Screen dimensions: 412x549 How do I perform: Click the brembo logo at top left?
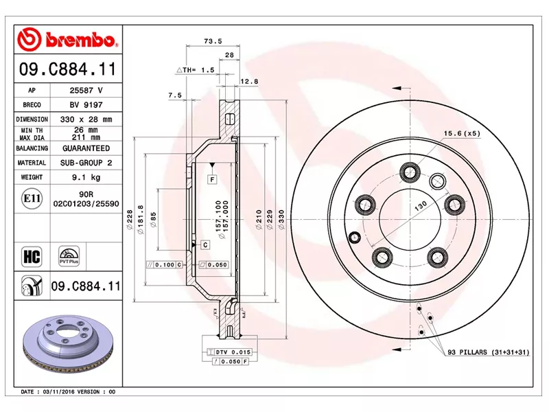pyautogui.click(x=67, y=40)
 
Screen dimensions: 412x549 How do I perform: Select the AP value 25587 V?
pyautogui.click(x=86, y=91)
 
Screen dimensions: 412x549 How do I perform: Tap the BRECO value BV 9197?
pyautogui.click(x=86, y=105)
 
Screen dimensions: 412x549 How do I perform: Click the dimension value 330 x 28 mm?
pyautogui.click(x=86, y=119)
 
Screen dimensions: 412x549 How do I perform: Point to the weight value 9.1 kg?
pyautogui.click(x=86, y=177)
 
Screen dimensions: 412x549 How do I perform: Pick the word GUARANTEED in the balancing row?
pyautogui.click(x=86, y=148)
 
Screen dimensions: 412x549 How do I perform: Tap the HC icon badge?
pyautogui.click(x=32, y=257)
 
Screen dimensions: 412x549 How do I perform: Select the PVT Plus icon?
pyautogui.click(x=69, y=256)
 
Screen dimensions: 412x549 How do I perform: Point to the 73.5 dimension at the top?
pyautogui.click(x=213, y=41)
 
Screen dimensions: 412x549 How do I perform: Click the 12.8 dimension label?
pyautogui.click(x=249, y=82)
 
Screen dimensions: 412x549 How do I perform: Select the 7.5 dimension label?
pyautogui.click(x=174, y=95)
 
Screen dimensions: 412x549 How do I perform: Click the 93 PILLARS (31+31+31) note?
pyautogui.click(x=488, y=352)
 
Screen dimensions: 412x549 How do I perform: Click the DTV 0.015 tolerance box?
pyautogui.click(x=229, y=352)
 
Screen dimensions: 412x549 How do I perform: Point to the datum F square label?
pyautogui.click(x=213, y=179)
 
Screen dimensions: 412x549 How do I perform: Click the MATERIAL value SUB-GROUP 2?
pyautogui.click(x=86, y=163)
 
